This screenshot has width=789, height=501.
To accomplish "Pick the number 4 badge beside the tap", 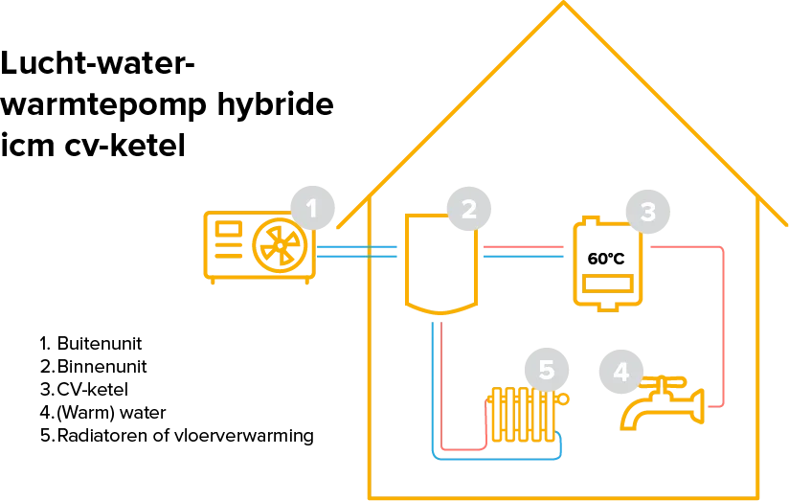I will point(620,371).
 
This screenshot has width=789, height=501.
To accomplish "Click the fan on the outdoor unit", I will point(280,243).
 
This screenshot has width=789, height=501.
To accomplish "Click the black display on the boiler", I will point(606,260).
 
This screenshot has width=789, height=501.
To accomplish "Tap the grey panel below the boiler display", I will point(606,284).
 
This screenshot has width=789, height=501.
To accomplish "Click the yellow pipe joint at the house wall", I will point(369,253).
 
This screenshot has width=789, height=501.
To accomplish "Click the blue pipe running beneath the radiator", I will point(498,460).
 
